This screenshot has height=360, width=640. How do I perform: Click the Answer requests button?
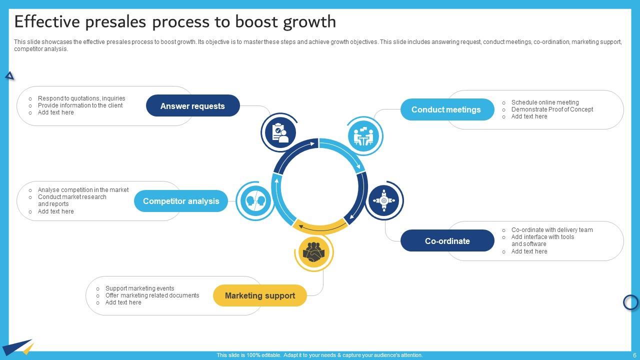point(192,106)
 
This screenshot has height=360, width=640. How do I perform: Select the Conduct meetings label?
point(445,109)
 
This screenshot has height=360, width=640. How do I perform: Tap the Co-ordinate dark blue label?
point(447,241)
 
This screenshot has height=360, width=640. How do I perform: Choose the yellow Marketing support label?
point(259,295)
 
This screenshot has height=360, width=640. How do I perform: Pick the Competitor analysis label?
point(181,201)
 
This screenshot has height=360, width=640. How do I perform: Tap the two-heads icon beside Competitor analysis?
point(255,201)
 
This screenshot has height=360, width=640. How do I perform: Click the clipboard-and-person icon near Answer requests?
point(279,132)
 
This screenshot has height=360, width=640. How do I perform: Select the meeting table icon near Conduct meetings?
point(364,136)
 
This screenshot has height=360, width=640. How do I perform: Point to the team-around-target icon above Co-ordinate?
point(384,200)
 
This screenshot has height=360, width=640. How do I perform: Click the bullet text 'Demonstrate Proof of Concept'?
point(552,109)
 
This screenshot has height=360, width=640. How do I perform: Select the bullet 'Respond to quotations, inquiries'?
point(81,98)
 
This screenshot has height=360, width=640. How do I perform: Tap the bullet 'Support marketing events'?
point(139,288)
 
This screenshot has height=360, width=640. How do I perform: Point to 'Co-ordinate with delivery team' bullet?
point(552,230)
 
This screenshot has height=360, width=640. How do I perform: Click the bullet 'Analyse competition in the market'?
point(83,190)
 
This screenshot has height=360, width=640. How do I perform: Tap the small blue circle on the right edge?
point(631,302)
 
